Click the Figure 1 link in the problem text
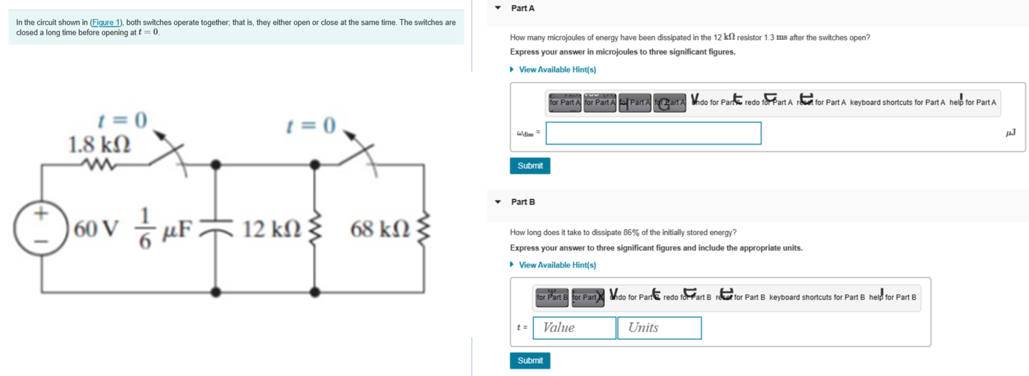[x=105, y=22]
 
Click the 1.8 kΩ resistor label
[x=100, y=144]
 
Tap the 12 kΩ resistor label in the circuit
[x=271, y=229]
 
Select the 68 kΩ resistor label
[x=380, y=229]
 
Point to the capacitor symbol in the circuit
[x=216, y=230]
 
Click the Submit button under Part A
[x=529, y=166]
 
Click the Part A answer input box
[x=653, y=133]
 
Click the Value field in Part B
[x=574, y=328]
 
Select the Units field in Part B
[x=659, y=328]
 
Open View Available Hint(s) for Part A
[x=557, y=69]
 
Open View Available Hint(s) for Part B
[x=557, y=265]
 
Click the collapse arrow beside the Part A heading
[x=498, y=8]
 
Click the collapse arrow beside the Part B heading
[x=498, y=202]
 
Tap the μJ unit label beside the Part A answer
[x=1010, y=133]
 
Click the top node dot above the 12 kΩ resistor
[x=315, y=165]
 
